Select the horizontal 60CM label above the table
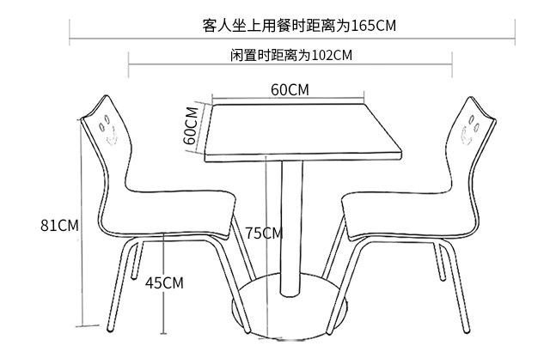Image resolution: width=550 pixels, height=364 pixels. (290, 89)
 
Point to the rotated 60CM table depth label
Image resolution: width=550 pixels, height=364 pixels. (191, 127)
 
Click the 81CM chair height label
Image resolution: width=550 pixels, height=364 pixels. (59, 226)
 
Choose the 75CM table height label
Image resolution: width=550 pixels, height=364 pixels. (263, 233)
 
